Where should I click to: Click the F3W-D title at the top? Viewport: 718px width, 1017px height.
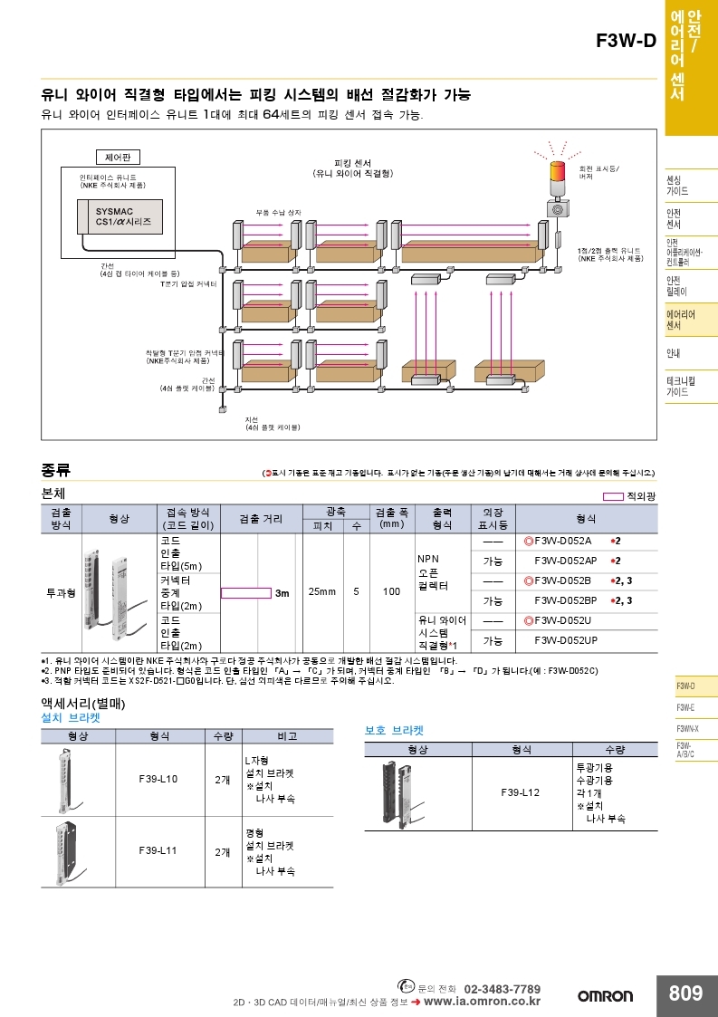click(x=626, y=42)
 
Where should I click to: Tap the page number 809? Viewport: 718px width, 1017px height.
click(x=685, y=993)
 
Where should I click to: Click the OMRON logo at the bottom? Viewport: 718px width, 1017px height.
click(x=606, y=996)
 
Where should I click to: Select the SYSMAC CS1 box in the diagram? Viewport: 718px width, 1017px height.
click(x=123, y=216)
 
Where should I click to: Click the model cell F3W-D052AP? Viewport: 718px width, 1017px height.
click(x=565, y=561)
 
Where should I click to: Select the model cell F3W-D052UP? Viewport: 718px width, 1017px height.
click(x=565, y=640)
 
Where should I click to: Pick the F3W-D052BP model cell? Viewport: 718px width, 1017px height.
click(x=565, y=600)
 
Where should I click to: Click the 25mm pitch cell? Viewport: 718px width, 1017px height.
click(x=321, y=591)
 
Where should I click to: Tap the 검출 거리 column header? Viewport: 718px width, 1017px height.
click(x=260, y=519)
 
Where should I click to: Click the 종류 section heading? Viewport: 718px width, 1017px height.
click(x=55, y=470)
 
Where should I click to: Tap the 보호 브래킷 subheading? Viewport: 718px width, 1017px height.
click(x=394, y=729)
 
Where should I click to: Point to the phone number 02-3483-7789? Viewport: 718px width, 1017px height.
click(x=502, y=988)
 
